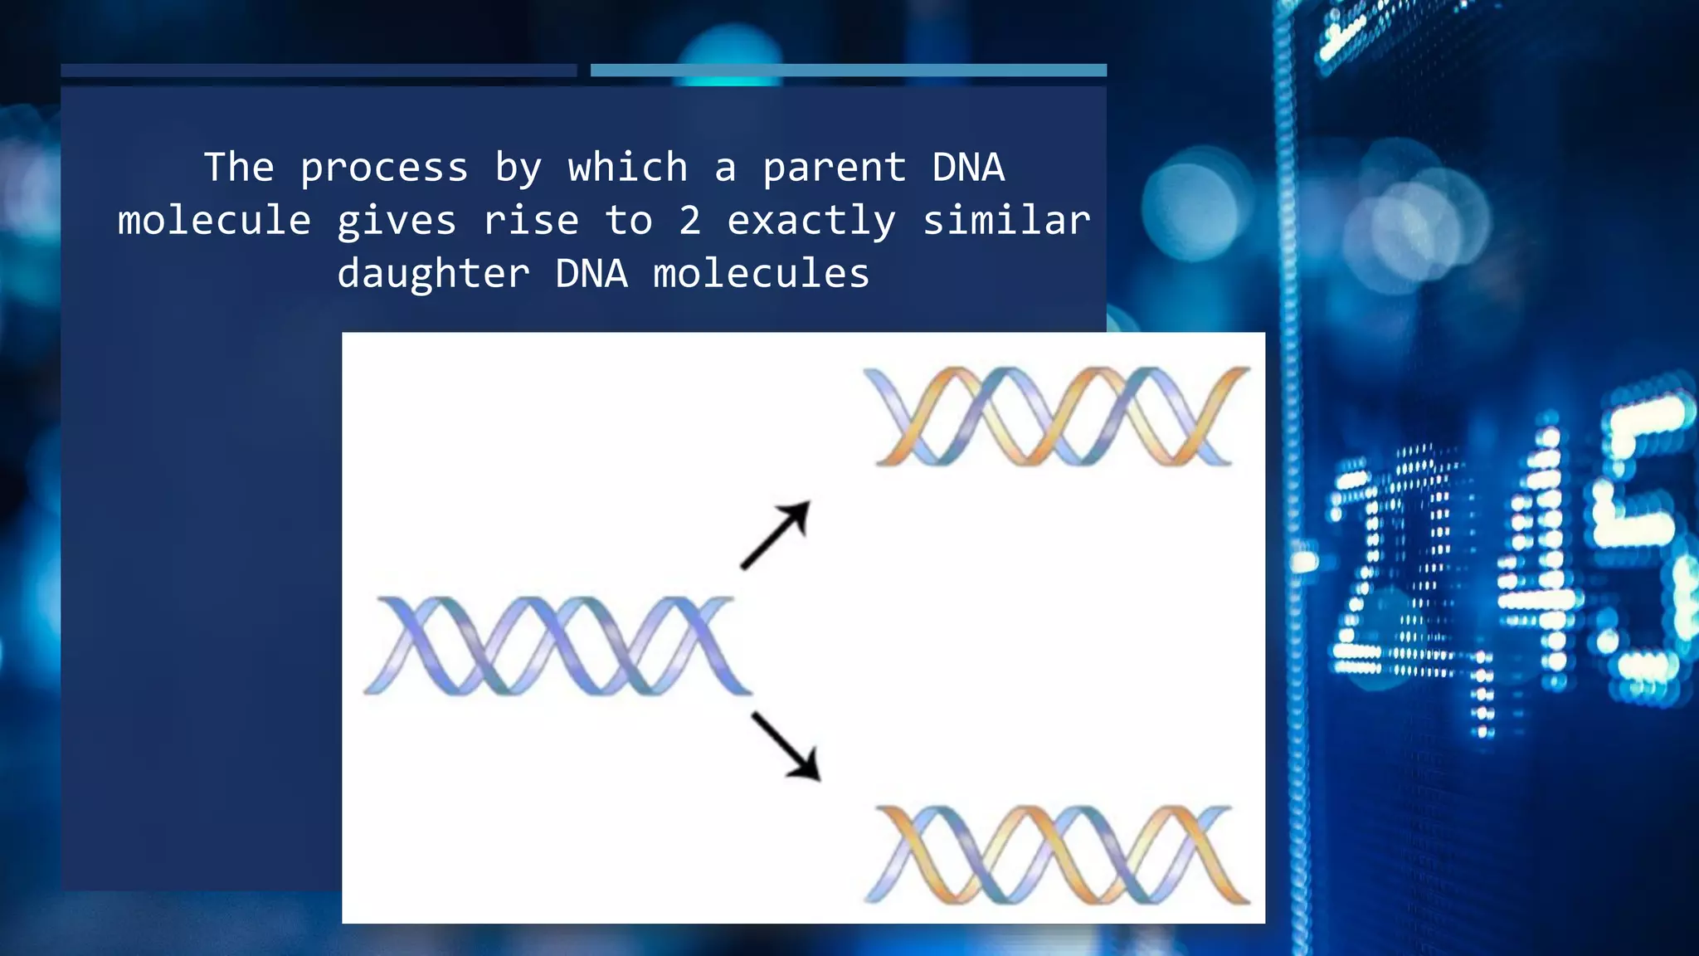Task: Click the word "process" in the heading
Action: point(384,168)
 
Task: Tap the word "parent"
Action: point(834,168)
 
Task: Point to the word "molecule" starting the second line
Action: point(214,221)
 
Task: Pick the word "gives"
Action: point(397,222)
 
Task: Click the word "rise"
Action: point(531,221)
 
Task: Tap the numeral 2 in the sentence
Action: point(689,221)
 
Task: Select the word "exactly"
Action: point(811,222)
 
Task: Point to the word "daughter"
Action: point(433,274)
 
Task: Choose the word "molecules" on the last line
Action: point(761,273)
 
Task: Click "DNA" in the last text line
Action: point(591,273)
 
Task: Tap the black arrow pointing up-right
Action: point(776,534)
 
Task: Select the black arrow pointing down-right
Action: point(786,746)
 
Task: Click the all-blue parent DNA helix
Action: point(557,646)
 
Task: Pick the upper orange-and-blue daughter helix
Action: point(1055,416)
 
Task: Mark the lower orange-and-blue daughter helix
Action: point(1057,854)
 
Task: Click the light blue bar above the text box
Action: point(848,71)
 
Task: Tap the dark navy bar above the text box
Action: point(319,71)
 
